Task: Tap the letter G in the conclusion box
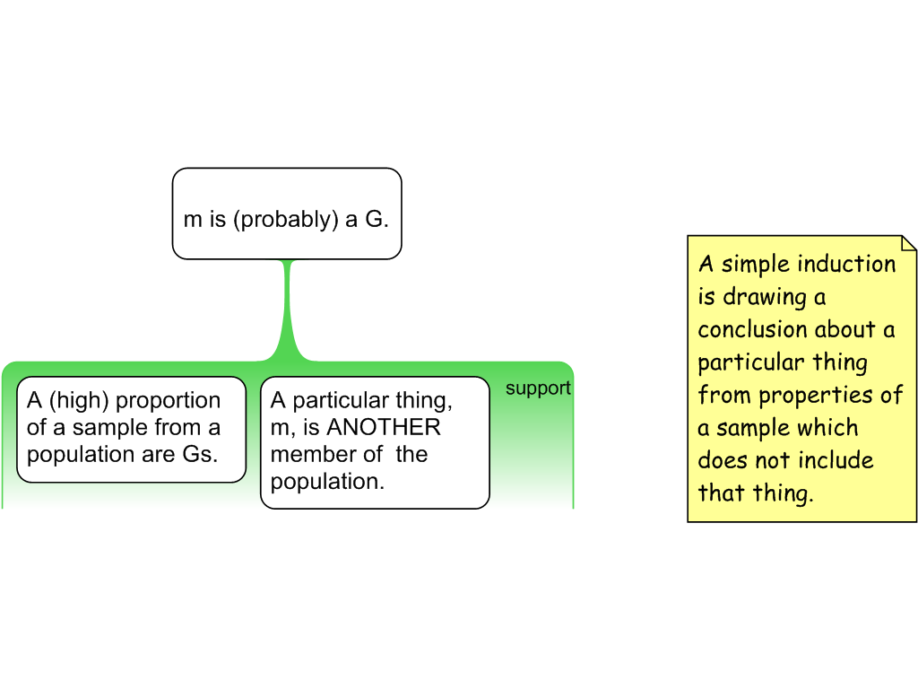[374, 220]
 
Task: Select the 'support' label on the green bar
[538, 388]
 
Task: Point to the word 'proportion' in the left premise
[168, 401]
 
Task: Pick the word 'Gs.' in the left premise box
[200, 454]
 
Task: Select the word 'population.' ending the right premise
[327, 481]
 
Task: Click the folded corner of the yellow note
[908, 243]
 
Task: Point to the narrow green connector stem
[288, 305]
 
